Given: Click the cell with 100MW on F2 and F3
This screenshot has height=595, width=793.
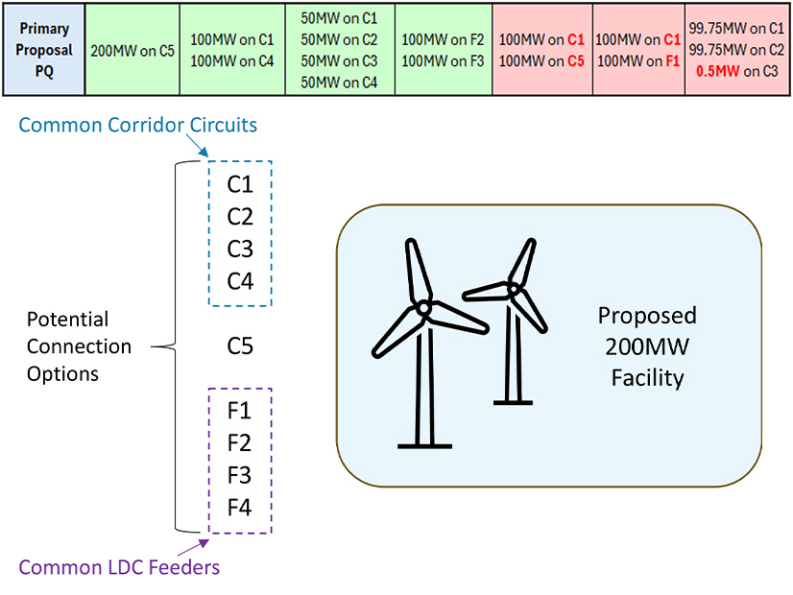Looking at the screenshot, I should coord(443,51).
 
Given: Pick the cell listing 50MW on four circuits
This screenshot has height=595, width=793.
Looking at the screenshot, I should coord(339,51).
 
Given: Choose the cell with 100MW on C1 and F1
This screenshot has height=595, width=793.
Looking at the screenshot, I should coord(638,51).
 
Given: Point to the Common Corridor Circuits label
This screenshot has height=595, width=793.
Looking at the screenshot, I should coord(138,125).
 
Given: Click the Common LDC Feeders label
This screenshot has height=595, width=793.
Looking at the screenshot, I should coord(119,567).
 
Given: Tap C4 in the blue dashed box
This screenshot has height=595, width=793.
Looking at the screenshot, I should coord(240,280).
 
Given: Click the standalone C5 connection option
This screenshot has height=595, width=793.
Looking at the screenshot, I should coord(240,345).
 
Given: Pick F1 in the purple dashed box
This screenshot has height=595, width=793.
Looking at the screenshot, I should coord(240,412).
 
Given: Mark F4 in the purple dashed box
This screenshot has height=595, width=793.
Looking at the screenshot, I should coord(240,506).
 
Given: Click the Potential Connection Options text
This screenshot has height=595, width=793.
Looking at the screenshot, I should coord(79,345).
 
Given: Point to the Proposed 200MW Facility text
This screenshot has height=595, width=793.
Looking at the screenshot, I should coord(647,346).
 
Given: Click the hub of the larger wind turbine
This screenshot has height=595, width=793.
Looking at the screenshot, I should coord(421,307).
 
